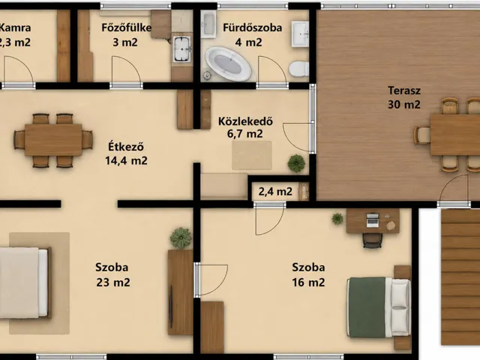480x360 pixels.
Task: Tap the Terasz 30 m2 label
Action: (x=404, y=97)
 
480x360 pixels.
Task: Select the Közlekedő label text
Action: (x=245, y=121)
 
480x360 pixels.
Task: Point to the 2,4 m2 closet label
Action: (x=275, y=192)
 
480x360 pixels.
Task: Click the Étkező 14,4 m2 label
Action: (x=126, y=153)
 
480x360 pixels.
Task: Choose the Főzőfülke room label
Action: (x=126, y=28)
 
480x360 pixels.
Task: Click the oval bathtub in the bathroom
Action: (x=228, y=64)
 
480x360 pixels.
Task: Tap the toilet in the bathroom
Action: (x=298, y=69)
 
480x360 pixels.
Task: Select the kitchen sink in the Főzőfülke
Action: (x=181, y=49)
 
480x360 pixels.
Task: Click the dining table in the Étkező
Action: (x=53, y=140)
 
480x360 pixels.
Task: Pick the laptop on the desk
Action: (x=372, y=220)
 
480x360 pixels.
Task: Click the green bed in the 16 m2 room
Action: (x=379, y=307)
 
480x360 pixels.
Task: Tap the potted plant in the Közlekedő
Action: (x=296, y=163)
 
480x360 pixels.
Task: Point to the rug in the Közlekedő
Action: (x=252, y=155)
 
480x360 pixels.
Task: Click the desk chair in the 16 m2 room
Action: (x=372, y=240)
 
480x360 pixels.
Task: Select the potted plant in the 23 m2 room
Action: (x=181, y=238)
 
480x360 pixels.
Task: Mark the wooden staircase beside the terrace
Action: (x=460, y=277)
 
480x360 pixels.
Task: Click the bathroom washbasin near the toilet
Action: (x=300, y=34)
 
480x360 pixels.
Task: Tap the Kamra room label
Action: (x=15, y=28)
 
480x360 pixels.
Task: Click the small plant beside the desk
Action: (x=337, y=218)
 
